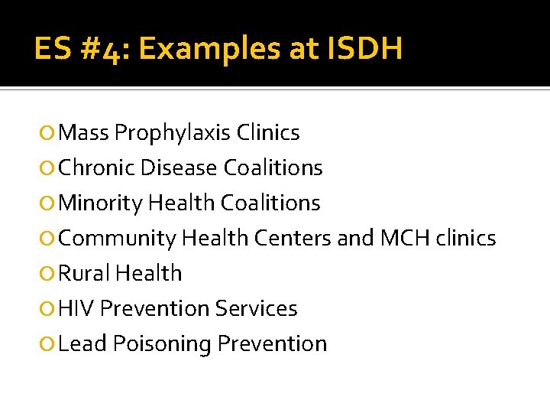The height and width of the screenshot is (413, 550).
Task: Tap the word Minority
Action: coord(100,203)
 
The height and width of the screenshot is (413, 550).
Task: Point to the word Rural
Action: coord(82,273)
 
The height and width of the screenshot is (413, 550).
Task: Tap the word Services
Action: coord(256,308)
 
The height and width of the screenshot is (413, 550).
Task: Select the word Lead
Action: coord(82,343)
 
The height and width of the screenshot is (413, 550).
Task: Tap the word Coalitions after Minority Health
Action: coord(270,203)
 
